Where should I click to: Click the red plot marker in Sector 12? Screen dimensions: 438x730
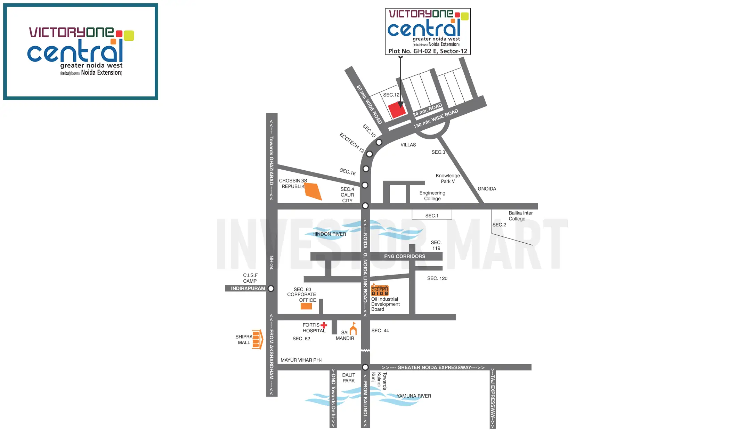click(x=397, y=110)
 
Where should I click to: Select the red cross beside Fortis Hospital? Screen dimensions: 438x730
click(x=324, y=325)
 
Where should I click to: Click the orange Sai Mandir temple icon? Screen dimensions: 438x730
click(x=353, y=329)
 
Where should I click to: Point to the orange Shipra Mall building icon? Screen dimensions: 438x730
click(x=257, y=339)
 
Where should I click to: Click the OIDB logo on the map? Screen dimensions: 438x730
click(x=380, y=290)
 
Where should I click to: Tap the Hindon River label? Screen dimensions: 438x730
click(x=329, y=234)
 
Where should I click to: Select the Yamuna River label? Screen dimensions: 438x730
click(x=414, y=396)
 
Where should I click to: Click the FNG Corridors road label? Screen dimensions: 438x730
click(x=404, y=256)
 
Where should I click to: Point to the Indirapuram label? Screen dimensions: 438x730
click(x=248, y=289)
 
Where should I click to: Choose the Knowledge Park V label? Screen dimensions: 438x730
click(x=448, y=178)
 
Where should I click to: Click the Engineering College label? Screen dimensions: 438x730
click(x=432, y=196)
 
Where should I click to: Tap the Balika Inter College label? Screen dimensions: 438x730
click(x=520, y=216)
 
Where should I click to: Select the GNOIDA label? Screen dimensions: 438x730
click(x=487, y=189)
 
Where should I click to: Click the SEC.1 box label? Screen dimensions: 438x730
click(x=432, y=216)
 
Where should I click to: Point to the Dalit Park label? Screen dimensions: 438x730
click(x=348, y=378)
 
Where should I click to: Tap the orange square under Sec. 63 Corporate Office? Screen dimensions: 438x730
click(x=306, y=306)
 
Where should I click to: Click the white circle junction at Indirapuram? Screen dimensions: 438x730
click(x=271, y=289)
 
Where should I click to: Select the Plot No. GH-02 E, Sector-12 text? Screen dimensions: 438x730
click(x=428, y=51)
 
